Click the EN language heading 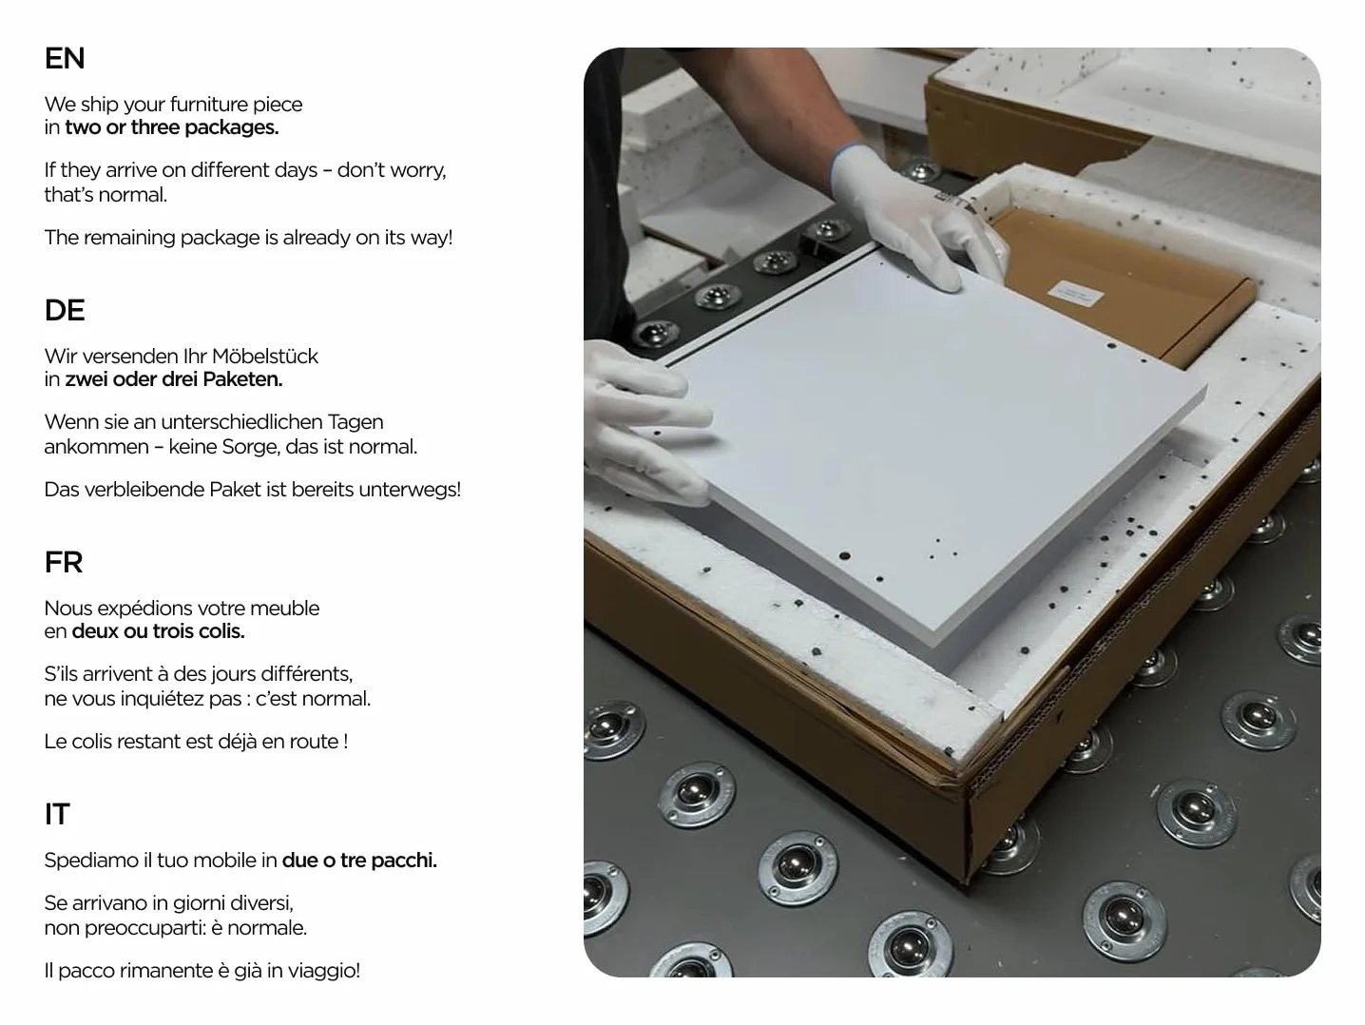pyautogui.click(x=65, y=58)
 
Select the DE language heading pyautogui.click(x=65, y=310)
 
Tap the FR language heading pyautogui.click(x=64, y=562)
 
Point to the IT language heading pyautogui.click(x=57, y=814)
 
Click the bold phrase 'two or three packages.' pyautogui.click(x=172, y=127)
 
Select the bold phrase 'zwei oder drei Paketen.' pyautogui.click(x=174, y=379)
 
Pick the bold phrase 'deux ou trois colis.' pyautogui.click(x=158, y=631)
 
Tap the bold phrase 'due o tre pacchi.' pyautogui.click(x=359, y=861)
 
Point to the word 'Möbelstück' pyautogui.click(x=265, y=356)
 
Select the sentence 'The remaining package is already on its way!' pyautogui.click(x=248, y=238)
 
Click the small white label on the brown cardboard pyautogui.click(x=1076, y=294)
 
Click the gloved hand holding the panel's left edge pyautogui.click(x=646, y=423)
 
